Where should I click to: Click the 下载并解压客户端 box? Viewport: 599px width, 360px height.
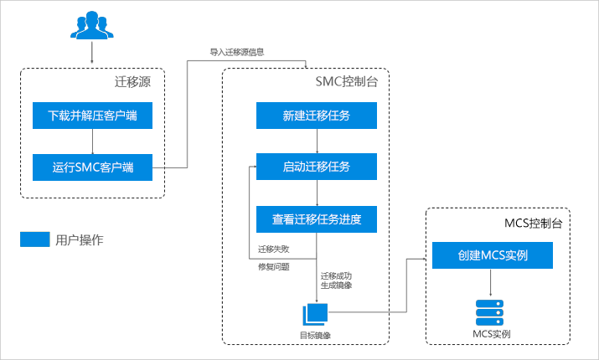(93, 116)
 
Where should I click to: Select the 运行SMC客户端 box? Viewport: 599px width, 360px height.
(93, 167)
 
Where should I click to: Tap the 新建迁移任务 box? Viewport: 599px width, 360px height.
(317, 116)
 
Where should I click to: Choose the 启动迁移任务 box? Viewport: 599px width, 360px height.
(317, 167)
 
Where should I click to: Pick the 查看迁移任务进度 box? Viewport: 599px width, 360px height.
(317, 220)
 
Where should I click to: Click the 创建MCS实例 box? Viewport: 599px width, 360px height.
(493, 255)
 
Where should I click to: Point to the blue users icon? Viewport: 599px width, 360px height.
(91, 27)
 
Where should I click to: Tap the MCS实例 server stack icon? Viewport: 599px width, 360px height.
(492, 312)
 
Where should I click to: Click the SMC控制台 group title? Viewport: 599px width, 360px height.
(347, 82)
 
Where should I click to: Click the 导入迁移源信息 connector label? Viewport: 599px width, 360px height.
(237, 53)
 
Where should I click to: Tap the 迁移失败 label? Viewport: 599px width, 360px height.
(273, 250)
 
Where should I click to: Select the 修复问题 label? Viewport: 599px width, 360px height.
(273, 267)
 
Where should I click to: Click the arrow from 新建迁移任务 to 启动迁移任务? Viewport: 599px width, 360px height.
(317, 141)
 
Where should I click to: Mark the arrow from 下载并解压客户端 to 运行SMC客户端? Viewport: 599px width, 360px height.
(93, 141)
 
